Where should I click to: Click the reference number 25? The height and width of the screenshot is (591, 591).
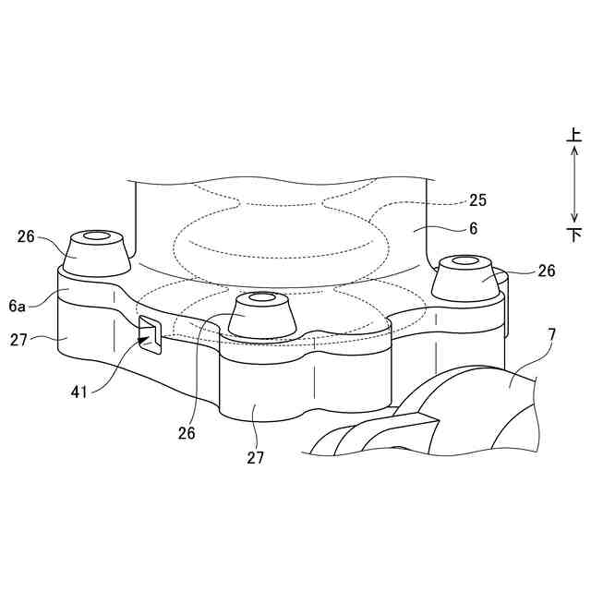click(x=477, y=199)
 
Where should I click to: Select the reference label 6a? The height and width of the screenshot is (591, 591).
click(x=17, y=306)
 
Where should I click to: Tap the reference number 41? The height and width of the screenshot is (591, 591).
click(x=78, y=392)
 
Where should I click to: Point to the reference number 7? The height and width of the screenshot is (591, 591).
click(x=551, y=333)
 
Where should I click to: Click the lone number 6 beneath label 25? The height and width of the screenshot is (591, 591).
click(x=473, y=228)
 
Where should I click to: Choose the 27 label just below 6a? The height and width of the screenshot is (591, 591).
click(x=18, y=340)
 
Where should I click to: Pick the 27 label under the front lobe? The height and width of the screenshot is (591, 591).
click(x=256, y=457)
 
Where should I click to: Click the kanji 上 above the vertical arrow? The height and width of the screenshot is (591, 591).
click(x=574, y=136)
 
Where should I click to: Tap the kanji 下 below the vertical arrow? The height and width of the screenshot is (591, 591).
click(x=574, y=235)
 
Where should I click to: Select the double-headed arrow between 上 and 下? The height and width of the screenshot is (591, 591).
click(x=574, y=185)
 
